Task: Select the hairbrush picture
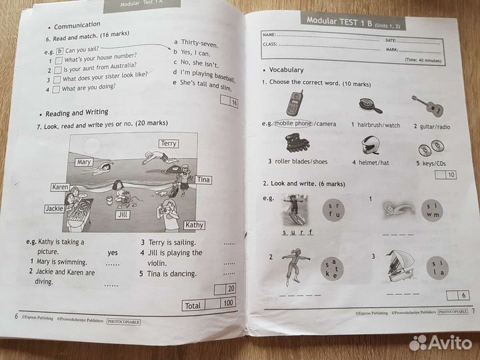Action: [x=365, y=105]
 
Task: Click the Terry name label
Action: [x=169, y=143]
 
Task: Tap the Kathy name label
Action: [x=193, y=225]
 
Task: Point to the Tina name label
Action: [x=203, y=180]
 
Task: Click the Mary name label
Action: [x=83, y=162]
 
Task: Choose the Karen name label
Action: [x=61, y=187]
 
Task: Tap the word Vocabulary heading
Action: [x=286, y=69]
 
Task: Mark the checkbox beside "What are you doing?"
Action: [x=56, y=89]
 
